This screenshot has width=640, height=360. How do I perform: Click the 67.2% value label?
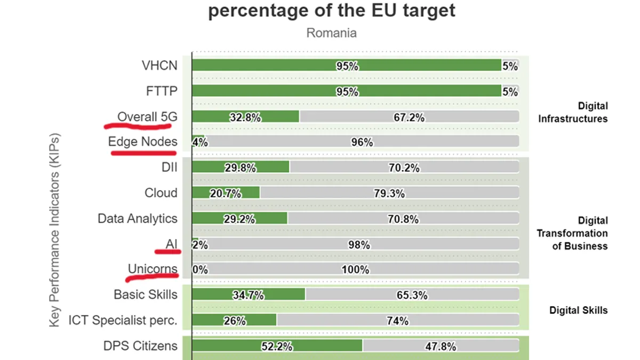point(409,117)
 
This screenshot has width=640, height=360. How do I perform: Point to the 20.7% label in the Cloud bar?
point(225,194)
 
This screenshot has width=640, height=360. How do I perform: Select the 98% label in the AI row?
point(358,245)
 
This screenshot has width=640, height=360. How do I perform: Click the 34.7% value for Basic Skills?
point(247,295)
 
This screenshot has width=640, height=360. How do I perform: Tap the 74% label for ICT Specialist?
point(397,321)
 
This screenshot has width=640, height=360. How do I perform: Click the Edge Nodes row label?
point(142,141)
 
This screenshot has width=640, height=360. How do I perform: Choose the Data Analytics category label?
point(138,219)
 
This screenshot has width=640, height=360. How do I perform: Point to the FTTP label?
point(162,91)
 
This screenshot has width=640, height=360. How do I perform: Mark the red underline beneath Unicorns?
point(151,276)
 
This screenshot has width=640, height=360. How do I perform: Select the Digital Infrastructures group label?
point(573,113)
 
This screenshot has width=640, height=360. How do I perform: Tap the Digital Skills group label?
point(578,310)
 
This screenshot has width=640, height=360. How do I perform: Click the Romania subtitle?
point(331,33)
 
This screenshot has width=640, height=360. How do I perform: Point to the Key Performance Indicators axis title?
point(54,229)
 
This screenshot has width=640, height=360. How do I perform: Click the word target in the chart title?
point(429,11)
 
